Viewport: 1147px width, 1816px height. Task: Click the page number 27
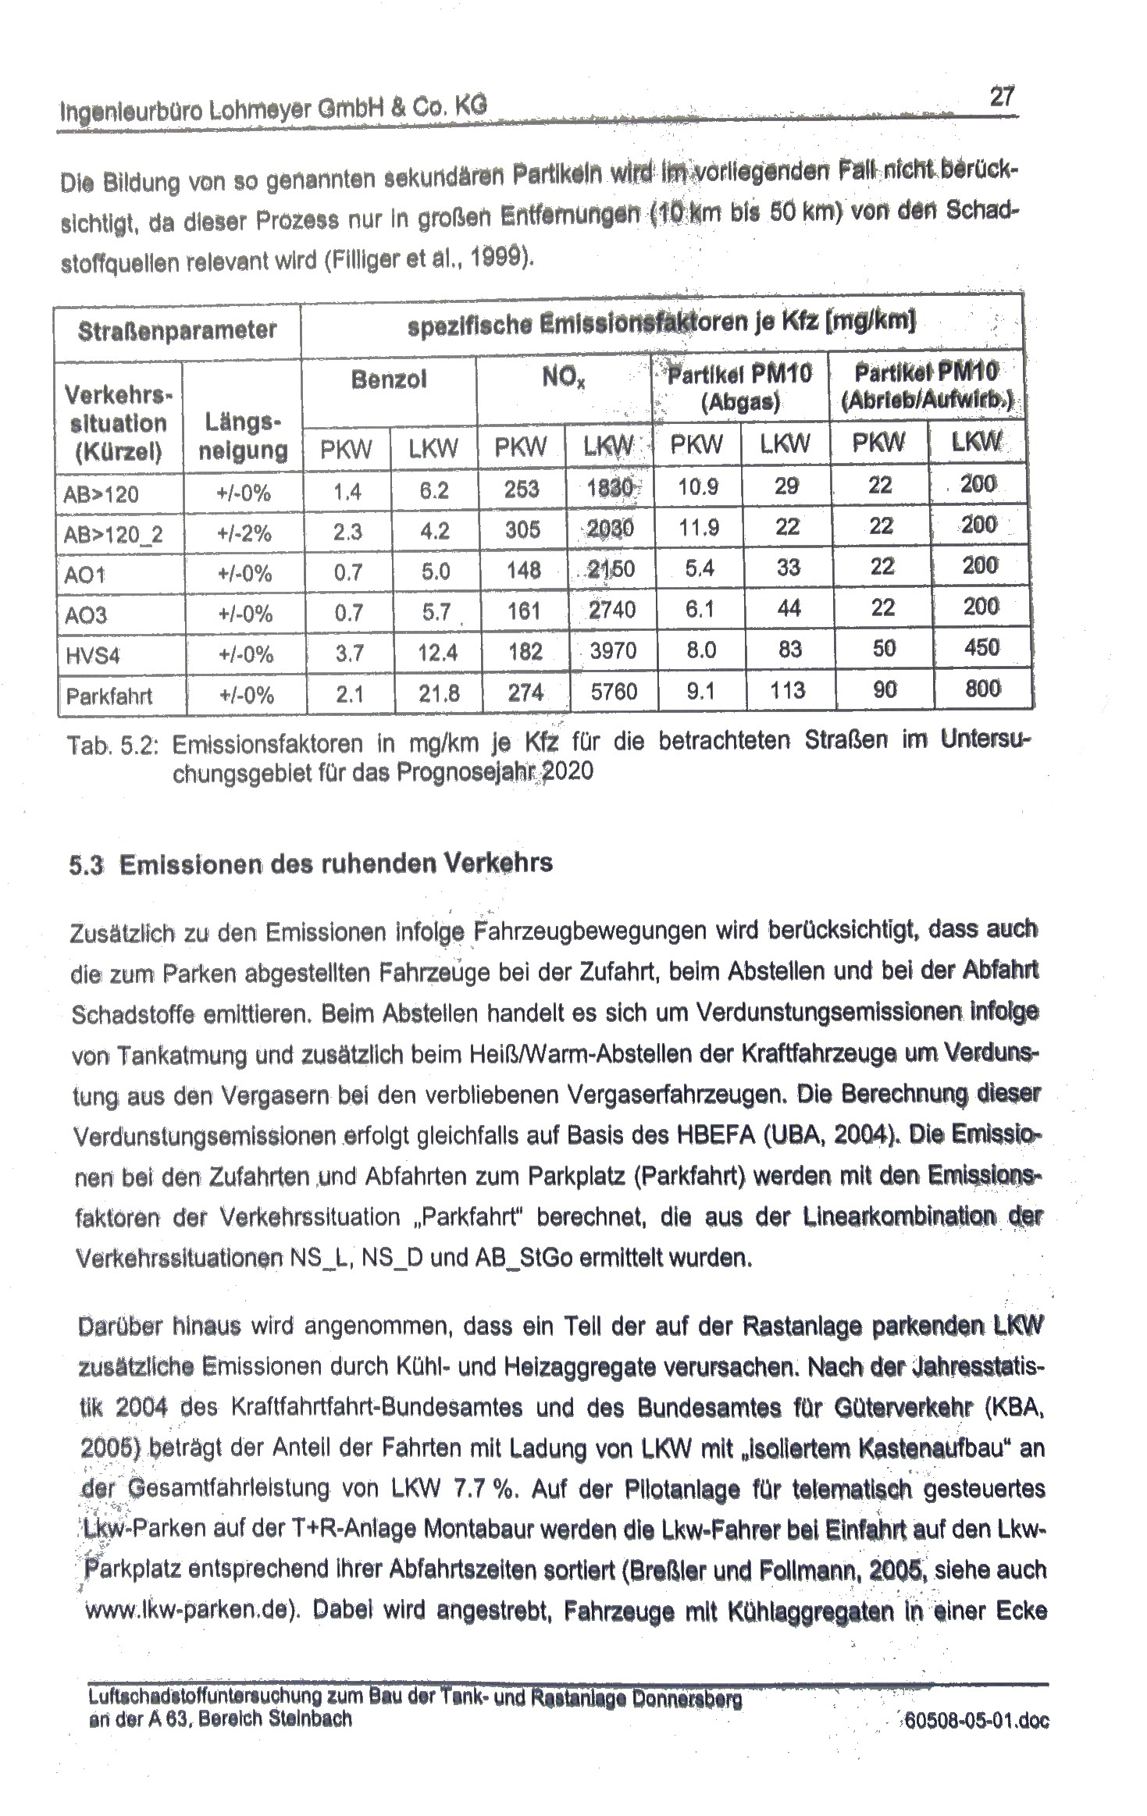(x=1002, y=97)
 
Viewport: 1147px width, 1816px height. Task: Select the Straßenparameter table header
(x=177, y=330)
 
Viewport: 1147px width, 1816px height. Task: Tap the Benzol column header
(x=389, y=380)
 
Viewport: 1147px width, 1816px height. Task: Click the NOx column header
(x=564, y=380)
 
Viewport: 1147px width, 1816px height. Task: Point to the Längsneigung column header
(x=243, y=437)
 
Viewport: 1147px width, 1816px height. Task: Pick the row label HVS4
(x=93, y=654)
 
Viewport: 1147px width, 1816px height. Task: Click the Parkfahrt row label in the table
(x=109, y=696)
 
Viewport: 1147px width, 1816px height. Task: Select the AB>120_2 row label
(x=114, y=535)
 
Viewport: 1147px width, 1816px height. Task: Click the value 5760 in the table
(x=614, y=692)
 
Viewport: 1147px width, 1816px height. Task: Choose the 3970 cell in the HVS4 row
(x=613, y=650)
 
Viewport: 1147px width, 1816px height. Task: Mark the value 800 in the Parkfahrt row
(x=982, y=689)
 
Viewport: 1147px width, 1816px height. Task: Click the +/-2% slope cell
(x=244, y=533)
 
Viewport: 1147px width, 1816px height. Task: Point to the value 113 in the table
(x=789, y=690)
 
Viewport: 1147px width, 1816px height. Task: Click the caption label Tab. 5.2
(x=113, y=746)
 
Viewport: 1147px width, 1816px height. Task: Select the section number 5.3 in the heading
(x=86, y=866)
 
